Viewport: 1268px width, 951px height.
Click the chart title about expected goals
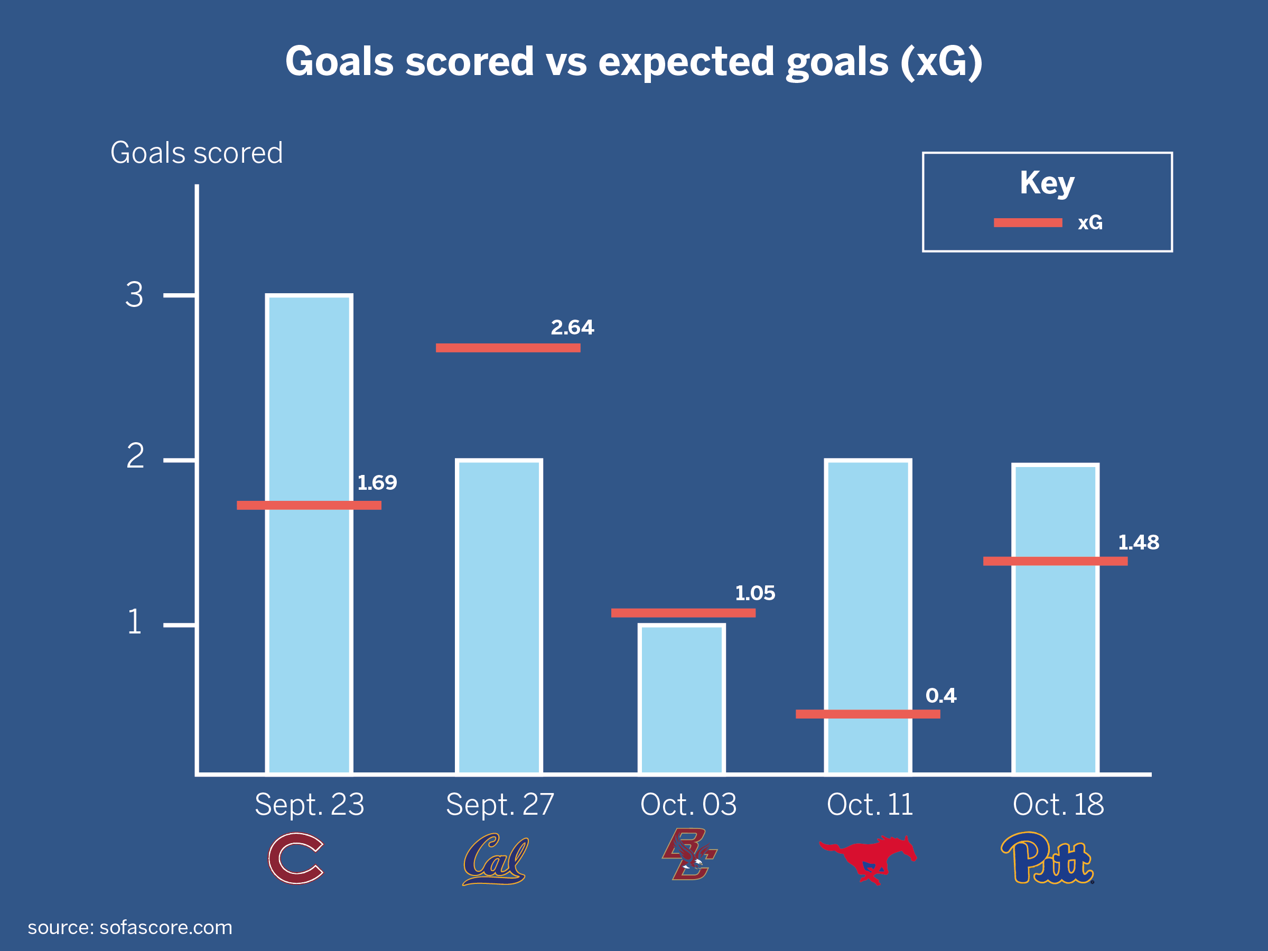coord(633,61)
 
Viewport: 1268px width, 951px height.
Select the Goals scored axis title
coord(197,153)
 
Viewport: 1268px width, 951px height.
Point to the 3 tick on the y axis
coord(134,295)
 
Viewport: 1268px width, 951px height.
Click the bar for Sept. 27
coord(499,616)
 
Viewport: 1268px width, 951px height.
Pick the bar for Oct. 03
coord(682,700)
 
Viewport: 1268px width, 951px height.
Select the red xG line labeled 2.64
coord(508,348)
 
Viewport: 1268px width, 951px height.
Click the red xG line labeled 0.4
coord(868,714)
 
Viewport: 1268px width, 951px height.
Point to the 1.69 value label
coord(377,483)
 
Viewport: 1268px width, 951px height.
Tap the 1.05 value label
coord(755,593)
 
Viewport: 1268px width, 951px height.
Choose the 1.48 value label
coord(1139,542)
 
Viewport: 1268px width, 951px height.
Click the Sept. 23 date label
coord(309,804)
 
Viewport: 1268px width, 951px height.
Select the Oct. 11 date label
coord(870,804)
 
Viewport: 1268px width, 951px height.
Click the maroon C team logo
coord(296,858)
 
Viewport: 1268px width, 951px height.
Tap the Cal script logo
coord(495,859)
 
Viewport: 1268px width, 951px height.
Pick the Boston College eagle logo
coord(689,855)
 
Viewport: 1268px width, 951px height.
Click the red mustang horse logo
coord(868,859)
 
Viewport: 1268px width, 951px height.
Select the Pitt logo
coord(1047,858)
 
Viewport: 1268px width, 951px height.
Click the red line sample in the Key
coord(1028,222)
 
